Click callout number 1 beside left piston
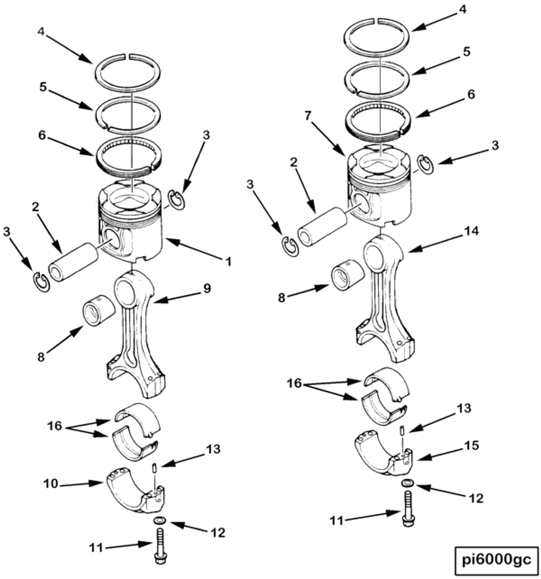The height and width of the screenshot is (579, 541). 228,261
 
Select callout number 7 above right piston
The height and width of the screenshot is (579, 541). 308,116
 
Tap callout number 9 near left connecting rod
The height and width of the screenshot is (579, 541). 207,289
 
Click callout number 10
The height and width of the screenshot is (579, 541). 51,483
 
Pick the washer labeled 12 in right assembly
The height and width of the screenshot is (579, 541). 408,483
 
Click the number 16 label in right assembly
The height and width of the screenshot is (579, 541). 294,384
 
